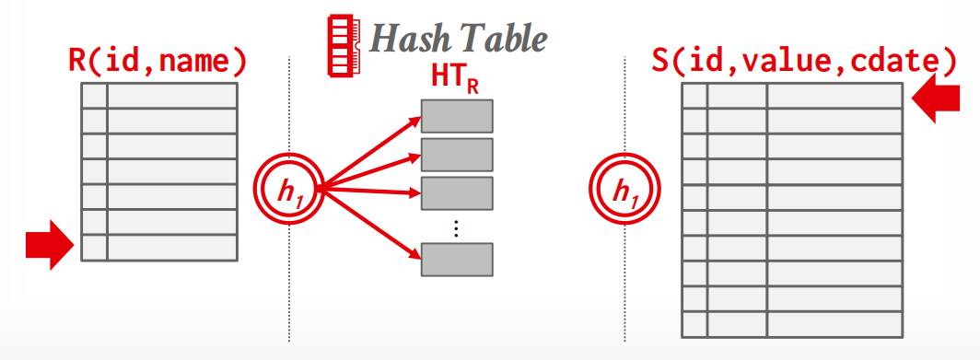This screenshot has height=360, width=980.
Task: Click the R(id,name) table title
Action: tap(157, 63)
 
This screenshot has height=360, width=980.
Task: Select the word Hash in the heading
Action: tap(410, 40)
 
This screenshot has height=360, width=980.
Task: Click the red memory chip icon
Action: tap(344, 47)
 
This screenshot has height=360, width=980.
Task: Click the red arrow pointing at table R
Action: tap(50, 245)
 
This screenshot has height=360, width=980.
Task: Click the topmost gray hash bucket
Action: tap(457, 116)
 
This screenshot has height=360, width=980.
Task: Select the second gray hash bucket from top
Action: tap(457, 155)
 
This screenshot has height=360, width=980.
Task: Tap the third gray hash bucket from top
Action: tap(457, 193)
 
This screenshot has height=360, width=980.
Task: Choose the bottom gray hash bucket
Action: tap(457, 260)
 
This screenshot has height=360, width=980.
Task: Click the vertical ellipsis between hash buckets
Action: tap(457, 228)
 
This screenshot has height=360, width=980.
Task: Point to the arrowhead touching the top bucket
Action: tap(415, 122)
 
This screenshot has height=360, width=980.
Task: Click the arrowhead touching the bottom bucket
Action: tap(415, 253)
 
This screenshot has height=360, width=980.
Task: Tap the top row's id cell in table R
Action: tap(94, 96)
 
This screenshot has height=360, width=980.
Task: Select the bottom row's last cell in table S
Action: tap(834, 324)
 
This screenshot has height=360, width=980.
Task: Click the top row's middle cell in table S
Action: tap(738, 97)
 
